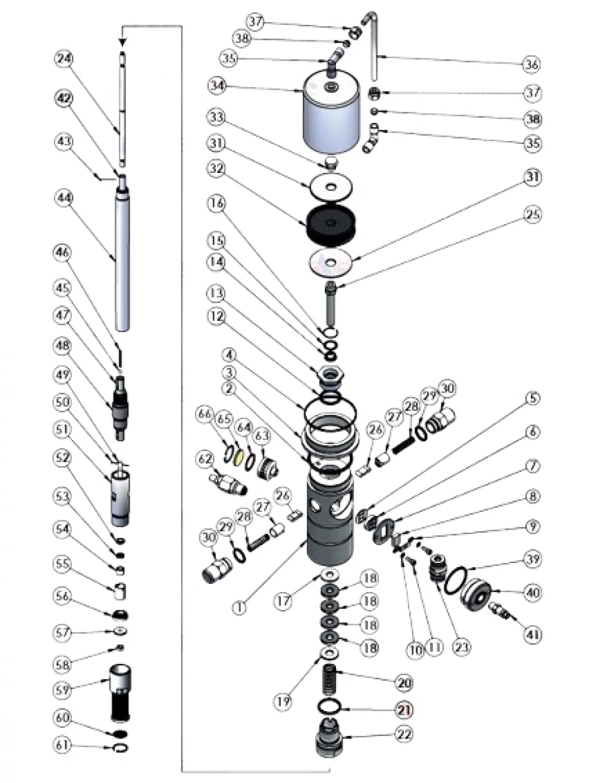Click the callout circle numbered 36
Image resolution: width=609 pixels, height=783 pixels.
[x=531, y=64]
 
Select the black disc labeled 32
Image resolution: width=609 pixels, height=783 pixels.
[x=332, y=224]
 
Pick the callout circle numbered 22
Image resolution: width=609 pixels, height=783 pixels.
[x=404, y=734]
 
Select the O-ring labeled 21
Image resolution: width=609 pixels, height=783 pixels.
[x=331, y=707]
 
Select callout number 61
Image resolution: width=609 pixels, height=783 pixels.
[x=64, y=744]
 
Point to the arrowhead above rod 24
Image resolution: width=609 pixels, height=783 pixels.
[x=123, y=42]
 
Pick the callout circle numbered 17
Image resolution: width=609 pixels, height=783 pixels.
[x=283, y=600]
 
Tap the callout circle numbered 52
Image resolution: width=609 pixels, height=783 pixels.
[x=64, y=458]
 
